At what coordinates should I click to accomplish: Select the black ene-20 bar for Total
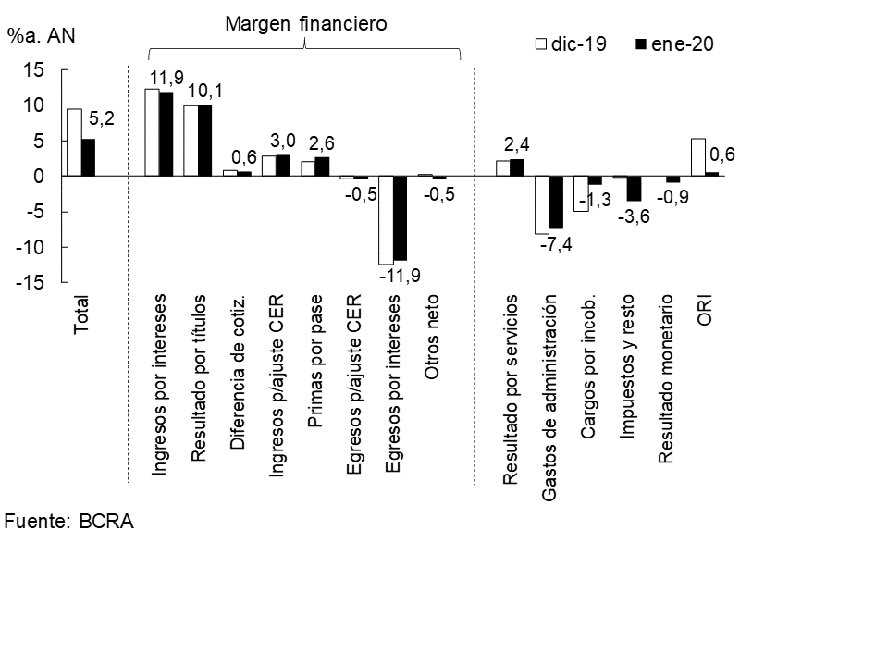point(88,157)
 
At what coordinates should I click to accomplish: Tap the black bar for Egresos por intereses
point(400,218)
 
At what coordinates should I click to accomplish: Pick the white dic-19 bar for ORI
point(697,157)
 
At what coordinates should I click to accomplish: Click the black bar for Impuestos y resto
point(634,189)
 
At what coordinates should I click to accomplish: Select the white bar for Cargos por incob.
point(581,193)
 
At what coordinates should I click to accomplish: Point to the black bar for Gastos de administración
point(556,202)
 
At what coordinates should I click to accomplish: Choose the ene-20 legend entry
point(673,43)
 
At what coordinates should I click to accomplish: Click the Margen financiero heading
point(305,24)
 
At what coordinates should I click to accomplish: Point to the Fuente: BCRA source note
point(69,521)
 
